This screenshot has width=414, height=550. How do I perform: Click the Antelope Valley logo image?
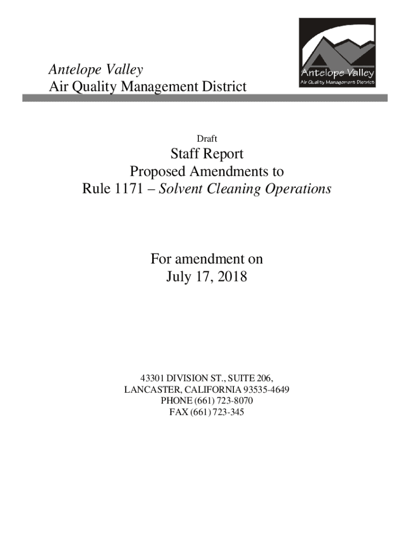tap(337, 53)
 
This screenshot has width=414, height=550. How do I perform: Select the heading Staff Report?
tap(207, 154)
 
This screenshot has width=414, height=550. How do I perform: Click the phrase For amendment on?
tap(206, 259)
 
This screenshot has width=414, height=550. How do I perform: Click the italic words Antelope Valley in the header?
tap(96, 69)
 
